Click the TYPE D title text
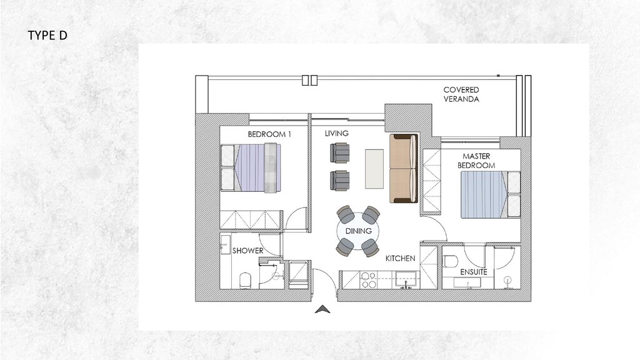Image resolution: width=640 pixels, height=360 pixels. tap(47, 36)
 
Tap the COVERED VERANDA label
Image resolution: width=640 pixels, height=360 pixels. tap(461, 94)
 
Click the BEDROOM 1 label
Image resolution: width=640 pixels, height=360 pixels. tap(269, 134)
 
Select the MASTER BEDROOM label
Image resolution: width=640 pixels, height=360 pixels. tap(476, 161)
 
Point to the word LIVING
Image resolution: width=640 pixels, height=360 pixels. tap(337, 134)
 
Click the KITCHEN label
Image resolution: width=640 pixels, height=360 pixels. tap(401, 258)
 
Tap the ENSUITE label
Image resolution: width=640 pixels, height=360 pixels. tap(474, 272)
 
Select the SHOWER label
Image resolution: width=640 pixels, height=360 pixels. tap(248, 251)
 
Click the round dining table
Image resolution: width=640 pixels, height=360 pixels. tap(358, 231)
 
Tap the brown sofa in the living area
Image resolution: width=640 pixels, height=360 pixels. tap(403, 168)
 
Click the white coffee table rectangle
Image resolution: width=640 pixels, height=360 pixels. tap(376, 168)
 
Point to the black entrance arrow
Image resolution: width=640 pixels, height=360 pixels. tap(324, 309)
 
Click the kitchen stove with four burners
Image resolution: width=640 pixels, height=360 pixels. tap(369, 279)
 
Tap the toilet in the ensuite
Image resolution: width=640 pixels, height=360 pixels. tap(451, 261)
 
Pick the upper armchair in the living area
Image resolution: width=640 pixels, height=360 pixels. tap(341, 152)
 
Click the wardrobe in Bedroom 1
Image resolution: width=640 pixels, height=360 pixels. tap(249, 219)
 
